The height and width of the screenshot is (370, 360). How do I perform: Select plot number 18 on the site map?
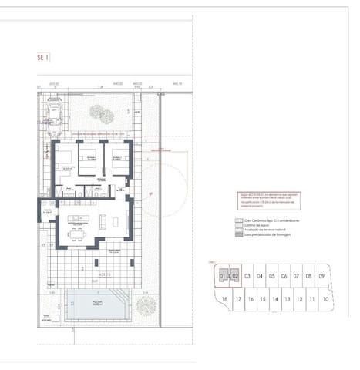click(x=224, y=299)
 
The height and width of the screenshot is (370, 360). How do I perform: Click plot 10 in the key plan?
click(x=326, y=299)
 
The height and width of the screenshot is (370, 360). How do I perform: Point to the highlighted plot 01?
click(x=223, y=275)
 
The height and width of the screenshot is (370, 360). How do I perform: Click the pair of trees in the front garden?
click(x=101, y=116)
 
